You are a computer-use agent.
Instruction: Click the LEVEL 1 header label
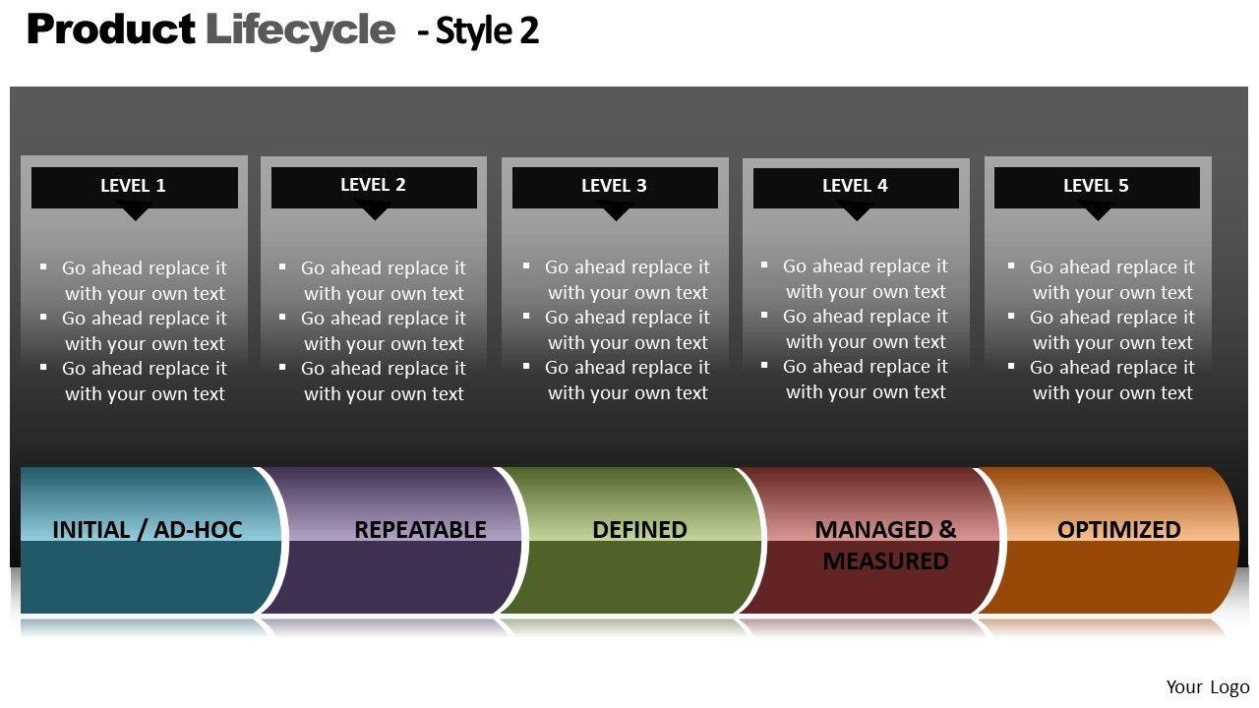pyautogui.click(x=133, y=186)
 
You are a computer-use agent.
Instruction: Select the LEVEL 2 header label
pyautogui.click(x=373, y=185)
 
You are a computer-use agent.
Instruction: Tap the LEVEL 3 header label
pyautogui.click(x=614, y=186)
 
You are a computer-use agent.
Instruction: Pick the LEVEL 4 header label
pyautogui.click(x=855, y=186)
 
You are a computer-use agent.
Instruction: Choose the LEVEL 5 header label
pyautogui.click(x=1096, y=186)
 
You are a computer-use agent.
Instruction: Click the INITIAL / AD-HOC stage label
pyautogui.click(x=147, y=530)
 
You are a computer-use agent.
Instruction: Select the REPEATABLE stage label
pyautogui.click(x=420, y=530)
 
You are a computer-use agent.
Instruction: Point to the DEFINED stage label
pyautogui.click(x=639, y=530)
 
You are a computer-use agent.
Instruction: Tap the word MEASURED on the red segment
pyautogui.click(x=885, y=561)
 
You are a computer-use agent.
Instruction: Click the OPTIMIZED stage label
pyautogui.click(x=1118, y=530)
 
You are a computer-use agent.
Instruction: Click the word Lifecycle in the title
pyautogui.click(x=300, y=29)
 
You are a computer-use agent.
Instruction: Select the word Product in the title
pyautogui.click(x=110, y=29)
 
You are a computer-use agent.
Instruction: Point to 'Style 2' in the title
pyautogui.click(x=487, y=31)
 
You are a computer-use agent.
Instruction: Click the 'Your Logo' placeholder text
pyautogui.click(x=1207, y=687)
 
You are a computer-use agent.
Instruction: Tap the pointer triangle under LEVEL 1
pyautogui.click(x=135, y=211)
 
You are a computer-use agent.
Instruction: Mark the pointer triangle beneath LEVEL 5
pyautogui.click(x=1096, y=211)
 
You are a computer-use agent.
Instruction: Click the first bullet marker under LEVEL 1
pyautogui.click(x=43, y=266)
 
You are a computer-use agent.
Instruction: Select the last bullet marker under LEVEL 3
pyautogui.click(x=526, y=367)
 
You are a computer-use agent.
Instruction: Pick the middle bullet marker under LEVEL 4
pyautogui.click(x=764, y=316)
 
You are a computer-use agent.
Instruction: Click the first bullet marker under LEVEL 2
pyautogui.click(x=282, y=266)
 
